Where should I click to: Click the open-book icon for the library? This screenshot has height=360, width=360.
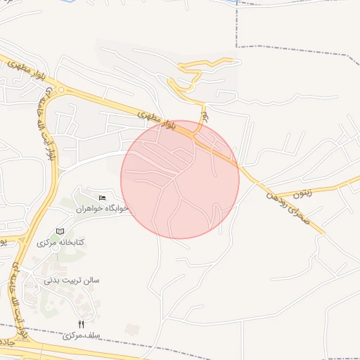point(60,231)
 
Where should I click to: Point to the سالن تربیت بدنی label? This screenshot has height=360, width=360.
point(72,280)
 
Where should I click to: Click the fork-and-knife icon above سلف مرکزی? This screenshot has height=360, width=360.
point(81,324)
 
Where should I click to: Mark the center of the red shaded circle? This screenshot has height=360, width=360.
point(180,179)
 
